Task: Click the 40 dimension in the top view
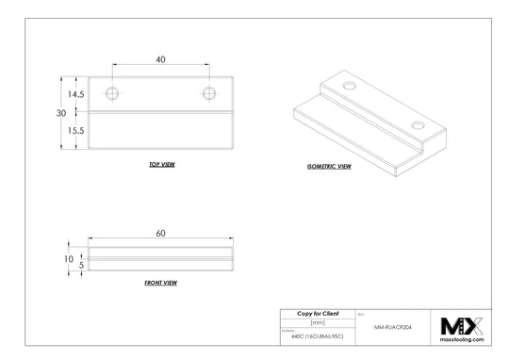click(161, 59)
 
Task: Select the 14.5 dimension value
click(75, 94)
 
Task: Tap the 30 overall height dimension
click(61, 113)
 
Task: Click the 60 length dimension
click(161, 232)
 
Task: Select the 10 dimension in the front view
click(69, 258)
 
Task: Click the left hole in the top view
click(114, 92)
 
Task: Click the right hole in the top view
click(209, 92)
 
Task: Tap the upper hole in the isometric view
click(351, 87)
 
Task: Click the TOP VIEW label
click(161, 164)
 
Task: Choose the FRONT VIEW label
click(161, 282)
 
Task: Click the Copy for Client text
click(318, 313)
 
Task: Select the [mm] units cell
click(318, 321)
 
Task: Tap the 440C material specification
click(317, 336)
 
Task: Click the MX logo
click(462, 325)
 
